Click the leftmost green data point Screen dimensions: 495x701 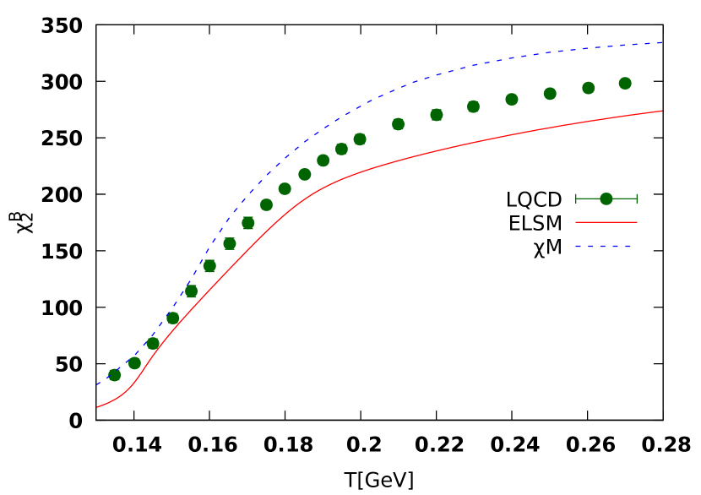(114, 375)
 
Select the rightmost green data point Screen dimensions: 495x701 (625, 83)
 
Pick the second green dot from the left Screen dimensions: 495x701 (134, 363)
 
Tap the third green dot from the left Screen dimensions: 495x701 (153, 343)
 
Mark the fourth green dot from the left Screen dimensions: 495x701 (173, 318)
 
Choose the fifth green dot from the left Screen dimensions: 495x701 (191, 291)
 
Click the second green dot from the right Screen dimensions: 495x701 (588, 88)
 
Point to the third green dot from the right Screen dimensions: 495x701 (550, 94)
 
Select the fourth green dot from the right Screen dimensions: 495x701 (512, 100)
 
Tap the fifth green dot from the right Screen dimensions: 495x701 (473, 106)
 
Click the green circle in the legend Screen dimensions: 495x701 (606, 199)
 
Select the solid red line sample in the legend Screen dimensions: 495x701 (606, 222)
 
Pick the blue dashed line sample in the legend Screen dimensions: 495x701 (605, 247)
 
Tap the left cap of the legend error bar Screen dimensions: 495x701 (576, 199)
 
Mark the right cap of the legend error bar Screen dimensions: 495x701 (637, 199)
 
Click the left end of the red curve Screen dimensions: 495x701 (98, 407)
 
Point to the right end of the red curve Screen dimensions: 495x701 (661, 111)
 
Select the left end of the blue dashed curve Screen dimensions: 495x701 (98, 384)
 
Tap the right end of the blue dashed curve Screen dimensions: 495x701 (661, 42)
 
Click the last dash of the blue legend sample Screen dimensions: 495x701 (628, 247)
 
